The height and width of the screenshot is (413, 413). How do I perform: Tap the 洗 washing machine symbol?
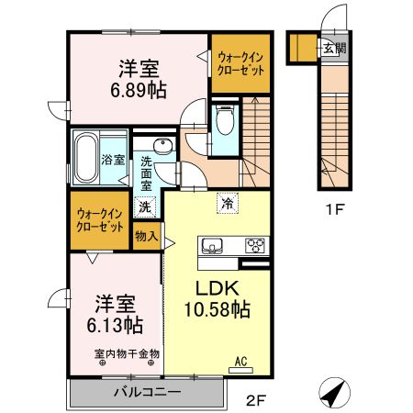[x=146, y=206]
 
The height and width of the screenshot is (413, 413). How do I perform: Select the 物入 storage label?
[x=146, y=236]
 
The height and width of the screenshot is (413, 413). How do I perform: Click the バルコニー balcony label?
[x=148, y=392]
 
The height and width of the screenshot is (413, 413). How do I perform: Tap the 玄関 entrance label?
[x=331, y=49]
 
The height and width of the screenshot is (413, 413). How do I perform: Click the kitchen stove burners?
[x=254, y=246]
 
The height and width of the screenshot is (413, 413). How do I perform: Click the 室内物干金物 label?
[x=126, y=352]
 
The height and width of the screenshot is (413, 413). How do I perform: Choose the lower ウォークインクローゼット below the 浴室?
[x=100, y=220]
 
